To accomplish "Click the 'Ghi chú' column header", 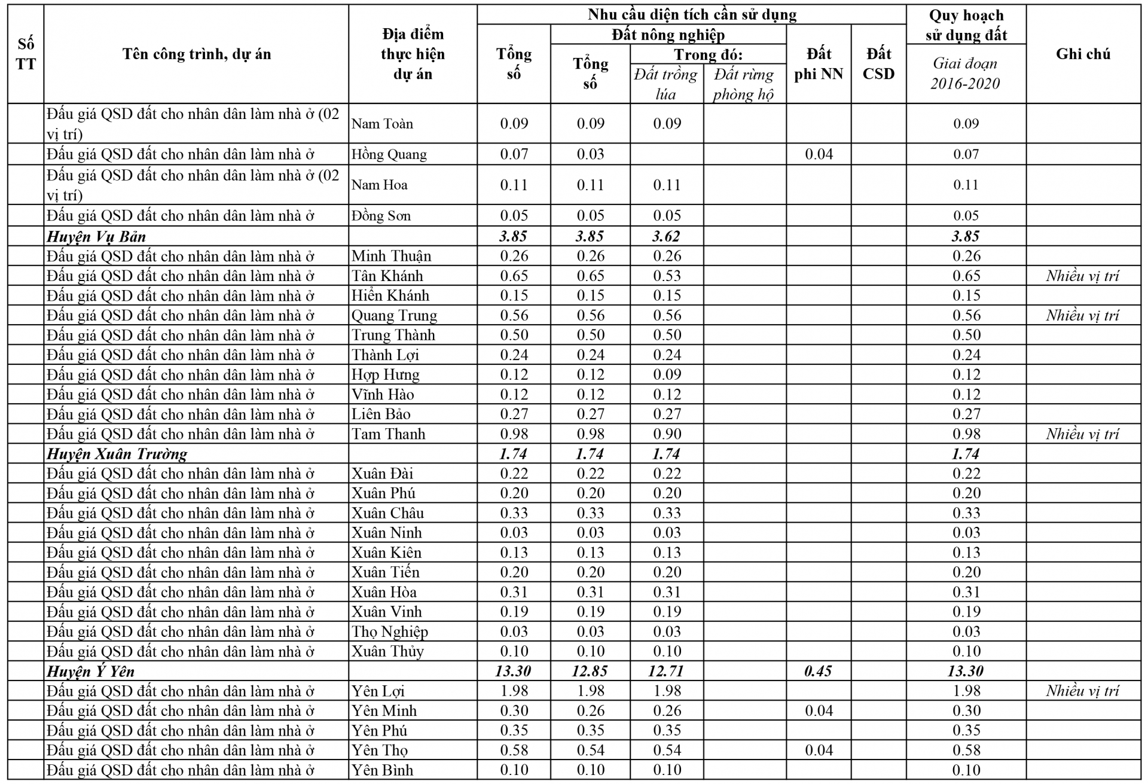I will tap(1083, 54).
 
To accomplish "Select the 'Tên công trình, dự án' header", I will tap(197, 54).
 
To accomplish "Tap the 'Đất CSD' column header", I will tap(878, 63).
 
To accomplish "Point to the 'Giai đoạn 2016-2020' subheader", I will tap(965, 73).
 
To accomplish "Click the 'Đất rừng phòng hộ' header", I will tap(743, 84).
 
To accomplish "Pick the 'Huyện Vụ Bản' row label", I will tap(96, 236).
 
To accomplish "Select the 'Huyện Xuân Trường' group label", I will tap(117, 454).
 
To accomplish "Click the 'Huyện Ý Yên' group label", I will tap(91, 671).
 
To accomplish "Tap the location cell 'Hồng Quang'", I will tap(389, 154).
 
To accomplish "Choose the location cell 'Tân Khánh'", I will tap(387, 276).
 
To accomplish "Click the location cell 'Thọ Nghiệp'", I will tap(389, 632).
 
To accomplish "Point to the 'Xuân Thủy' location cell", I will tap(387, 651).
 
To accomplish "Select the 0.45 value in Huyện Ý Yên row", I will tap(818, 671).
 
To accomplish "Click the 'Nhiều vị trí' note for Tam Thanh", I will tap(1082, 434).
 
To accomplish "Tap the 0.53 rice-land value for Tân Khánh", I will tap(667, 276).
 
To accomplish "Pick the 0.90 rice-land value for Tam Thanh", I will tap(667, 434).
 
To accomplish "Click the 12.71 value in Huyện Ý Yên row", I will tap(666, 671).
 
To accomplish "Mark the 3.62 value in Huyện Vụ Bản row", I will tap(666, 236).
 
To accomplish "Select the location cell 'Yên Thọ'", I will tap(380, 750).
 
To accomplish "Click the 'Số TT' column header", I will tap(26, 54).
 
